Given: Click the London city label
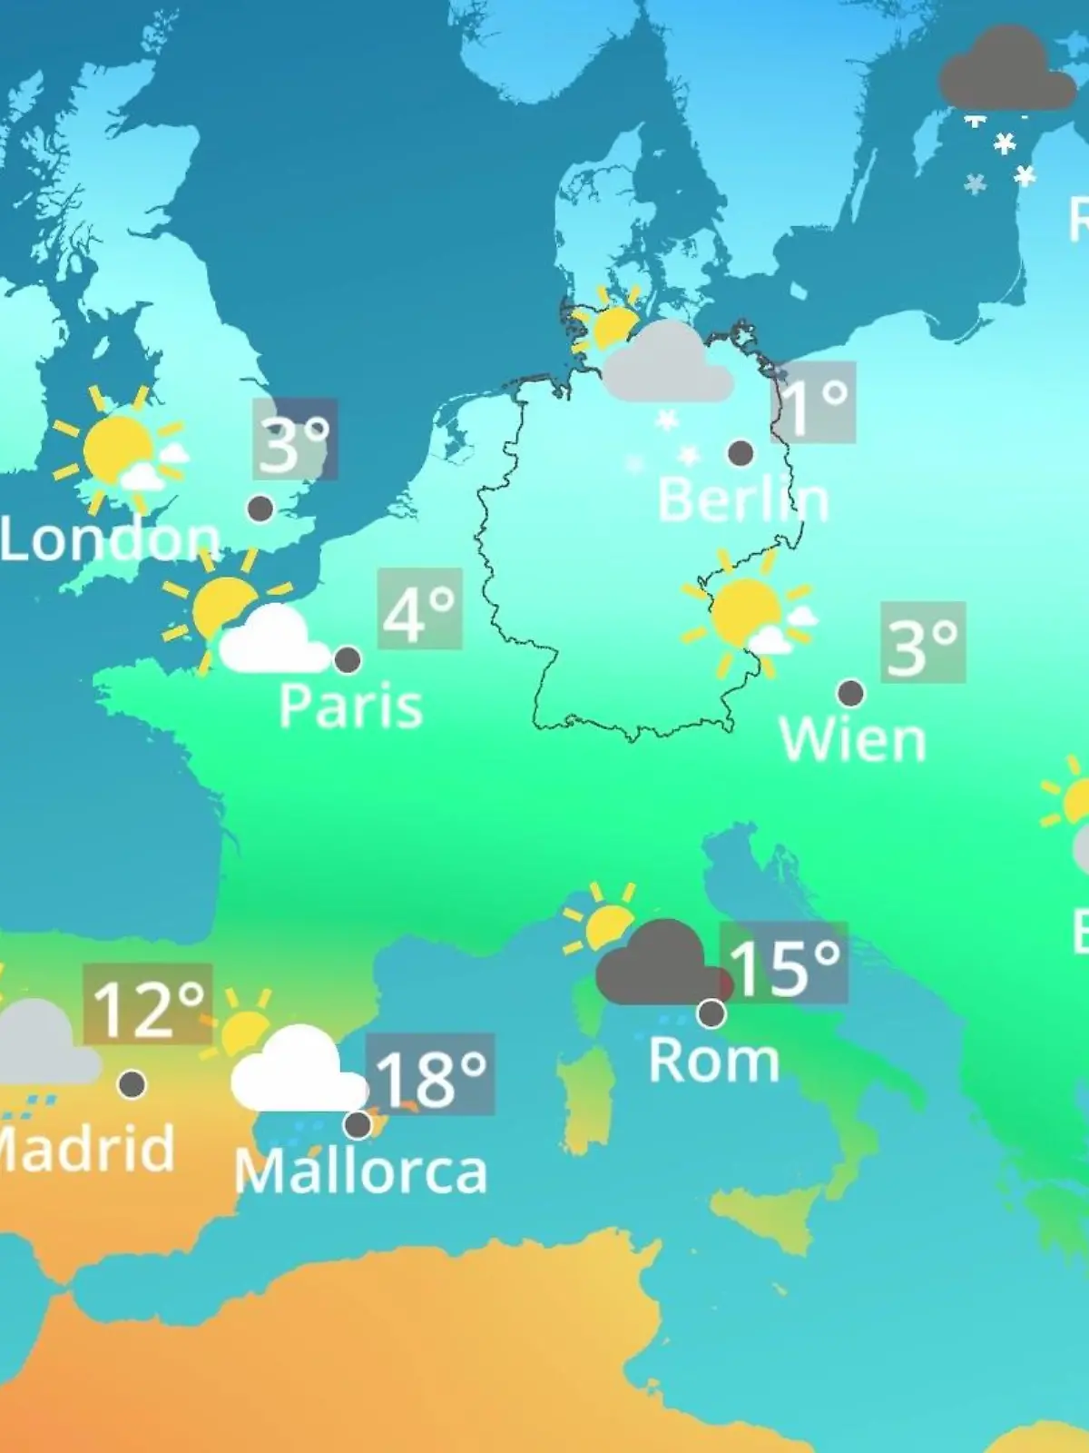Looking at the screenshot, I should (109, 539).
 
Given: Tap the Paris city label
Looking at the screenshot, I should (350, 706).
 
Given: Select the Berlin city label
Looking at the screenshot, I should (742, 499).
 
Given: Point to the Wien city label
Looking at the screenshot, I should (853, 740).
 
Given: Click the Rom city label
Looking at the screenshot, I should (713, 1060).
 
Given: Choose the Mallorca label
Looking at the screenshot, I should (360, 1171).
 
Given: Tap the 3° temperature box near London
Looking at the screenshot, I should (294, 440).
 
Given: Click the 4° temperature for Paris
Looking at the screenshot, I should (419, 608).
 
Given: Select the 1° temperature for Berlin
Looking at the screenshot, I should (813, 402).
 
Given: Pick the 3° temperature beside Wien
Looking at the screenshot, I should (922, 642).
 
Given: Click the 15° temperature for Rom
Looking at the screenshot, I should (784, 964).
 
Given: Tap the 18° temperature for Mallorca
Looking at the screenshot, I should (430, 1074).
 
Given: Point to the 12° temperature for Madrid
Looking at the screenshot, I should (148, 1004).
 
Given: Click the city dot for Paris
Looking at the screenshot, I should (348, 660).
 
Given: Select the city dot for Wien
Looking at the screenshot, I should (850, 694).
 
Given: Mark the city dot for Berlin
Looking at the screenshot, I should (741, 453).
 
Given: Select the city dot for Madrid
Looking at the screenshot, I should (132, 1083).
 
